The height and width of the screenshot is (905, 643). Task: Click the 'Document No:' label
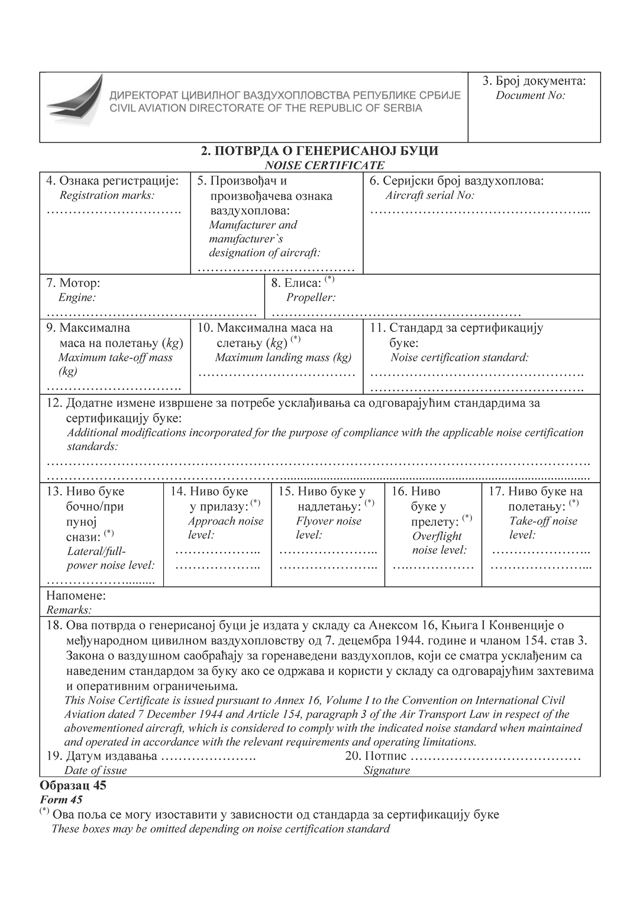coord(530,95)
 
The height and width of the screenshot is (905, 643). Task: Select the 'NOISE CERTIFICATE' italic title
coord(324,166)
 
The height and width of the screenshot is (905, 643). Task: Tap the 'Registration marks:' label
coord(106,195)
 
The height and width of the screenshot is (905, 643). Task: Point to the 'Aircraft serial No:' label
coord(430,195)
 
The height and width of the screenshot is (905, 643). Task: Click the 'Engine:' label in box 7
coord(77,298)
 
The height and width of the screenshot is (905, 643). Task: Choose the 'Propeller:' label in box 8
coord(311,298)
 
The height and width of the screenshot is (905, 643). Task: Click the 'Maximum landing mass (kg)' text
coord(283,357)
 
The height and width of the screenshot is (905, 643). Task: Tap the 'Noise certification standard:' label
coord(459,357)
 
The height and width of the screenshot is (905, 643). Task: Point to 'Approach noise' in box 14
coord(225,521)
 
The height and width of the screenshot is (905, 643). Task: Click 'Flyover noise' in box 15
coord(328,521)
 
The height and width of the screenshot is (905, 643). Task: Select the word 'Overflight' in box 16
coord(437,536)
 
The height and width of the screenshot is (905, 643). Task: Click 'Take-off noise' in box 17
coord(542,521)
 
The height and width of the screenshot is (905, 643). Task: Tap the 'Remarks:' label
coord(69,610)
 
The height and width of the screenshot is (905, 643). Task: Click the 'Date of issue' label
coord(95,770)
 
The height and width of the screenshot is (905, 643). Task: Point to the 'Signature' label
coord(386,770)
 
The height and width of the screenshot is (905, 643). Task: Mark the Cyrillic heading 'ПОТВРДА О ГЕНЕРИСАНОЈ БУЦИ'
coord(326,151)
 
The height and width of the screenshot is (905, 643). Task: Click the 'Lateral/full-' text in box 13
coord(96,551)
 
